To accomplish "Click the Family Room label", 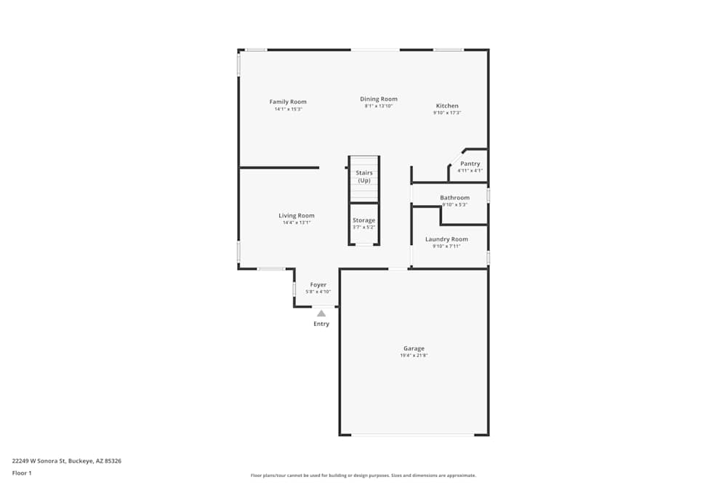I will coord(288,102).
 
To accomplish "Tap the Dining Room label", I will coord(379,99).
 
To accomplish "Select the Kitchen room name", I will coord(447,105).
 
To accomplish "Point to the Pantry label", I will coord(470,164).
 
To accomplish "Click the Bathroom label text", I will coord(454,198).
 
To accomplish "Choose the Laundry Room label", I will coord(446,239).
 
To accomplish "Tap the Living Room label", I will coord(297,215).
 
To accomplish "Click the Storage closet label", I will coord(363,220).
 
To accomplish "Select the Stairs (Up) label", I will coord(363,177).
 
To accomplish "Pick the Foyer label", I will coord(318,284).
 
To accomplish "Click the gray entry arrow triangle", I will coord(321,313).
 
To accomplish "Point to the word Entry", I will coord(321,324).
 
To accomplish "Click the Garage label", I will coord(414,348).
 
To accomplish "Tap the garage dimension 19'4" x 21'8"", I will coord(414,356).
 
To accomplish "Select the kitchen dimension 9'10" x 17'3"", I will coord(447,113).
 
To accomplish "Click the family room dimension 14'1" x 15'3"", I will coord(288,109).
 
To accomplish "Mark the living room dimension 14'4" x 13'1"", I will coord(297,223).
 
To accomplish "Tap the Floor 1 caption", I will coord(22,473).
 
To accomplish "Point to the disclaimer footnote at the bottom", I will coord(363,475).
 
